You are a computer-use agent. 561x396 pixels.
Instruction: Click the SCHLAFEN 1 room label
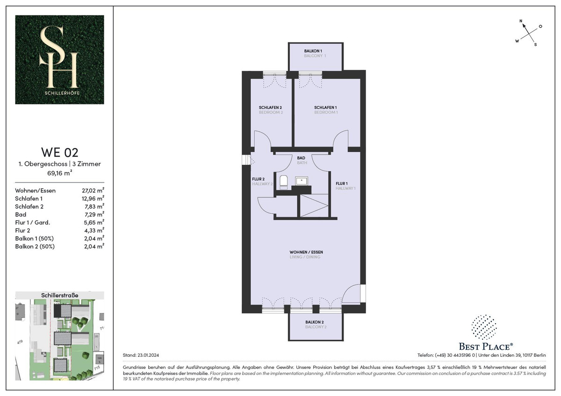[x=325, y=107]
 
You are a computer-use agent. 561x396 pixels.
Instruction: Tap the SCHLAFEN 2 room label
[x=270, y=107]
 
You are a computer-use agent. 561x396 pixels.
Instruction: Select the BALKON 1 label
[x=313, y=51]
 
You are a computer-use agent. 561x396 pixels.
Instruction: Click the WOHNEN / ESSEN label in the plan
[x=306, y=252]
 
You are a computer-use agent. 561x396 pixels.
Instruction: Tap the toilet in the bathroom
[x=283, y=180]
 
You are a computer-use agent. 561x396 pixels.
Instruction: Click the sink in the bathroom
[x=302, y=181]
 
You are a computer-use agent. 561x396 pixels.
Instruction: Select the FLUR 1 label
[x=342, y=184]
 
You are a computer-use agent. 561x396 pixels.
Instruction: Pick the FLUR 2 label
[x=258, y=179]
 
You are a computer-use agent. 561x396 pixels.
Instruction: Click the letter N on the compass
[x=521, y=21]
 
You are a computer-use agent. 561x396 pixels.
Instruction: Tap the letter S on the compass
[x=535, y=45]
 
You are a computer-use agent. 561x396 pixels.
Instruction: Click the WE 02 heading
[x=60, y=152]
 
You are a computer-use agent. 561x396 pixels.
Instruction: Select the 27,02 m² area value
[x=93, y=191]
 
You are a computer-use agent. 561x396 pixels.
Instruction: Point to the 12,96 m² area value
[x=93, y=198]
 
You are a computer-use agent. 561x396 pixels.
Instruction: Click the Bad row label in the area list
[x=21, y=214]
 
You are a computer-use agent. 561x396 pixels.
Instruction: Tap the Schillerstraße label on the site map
[x=60, y=295]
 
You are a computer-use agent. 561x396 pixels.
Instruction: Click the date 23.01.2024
[x=148, y=355]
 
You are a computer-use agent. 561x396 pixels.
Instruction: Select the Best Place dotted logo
[x=484, y=327]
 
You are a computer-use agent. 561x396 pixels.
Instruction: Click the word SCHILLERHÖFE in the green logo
[x=62, y=93]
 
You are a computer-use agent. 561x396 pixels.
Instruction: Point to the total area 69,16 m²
[x=60, y=173]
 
